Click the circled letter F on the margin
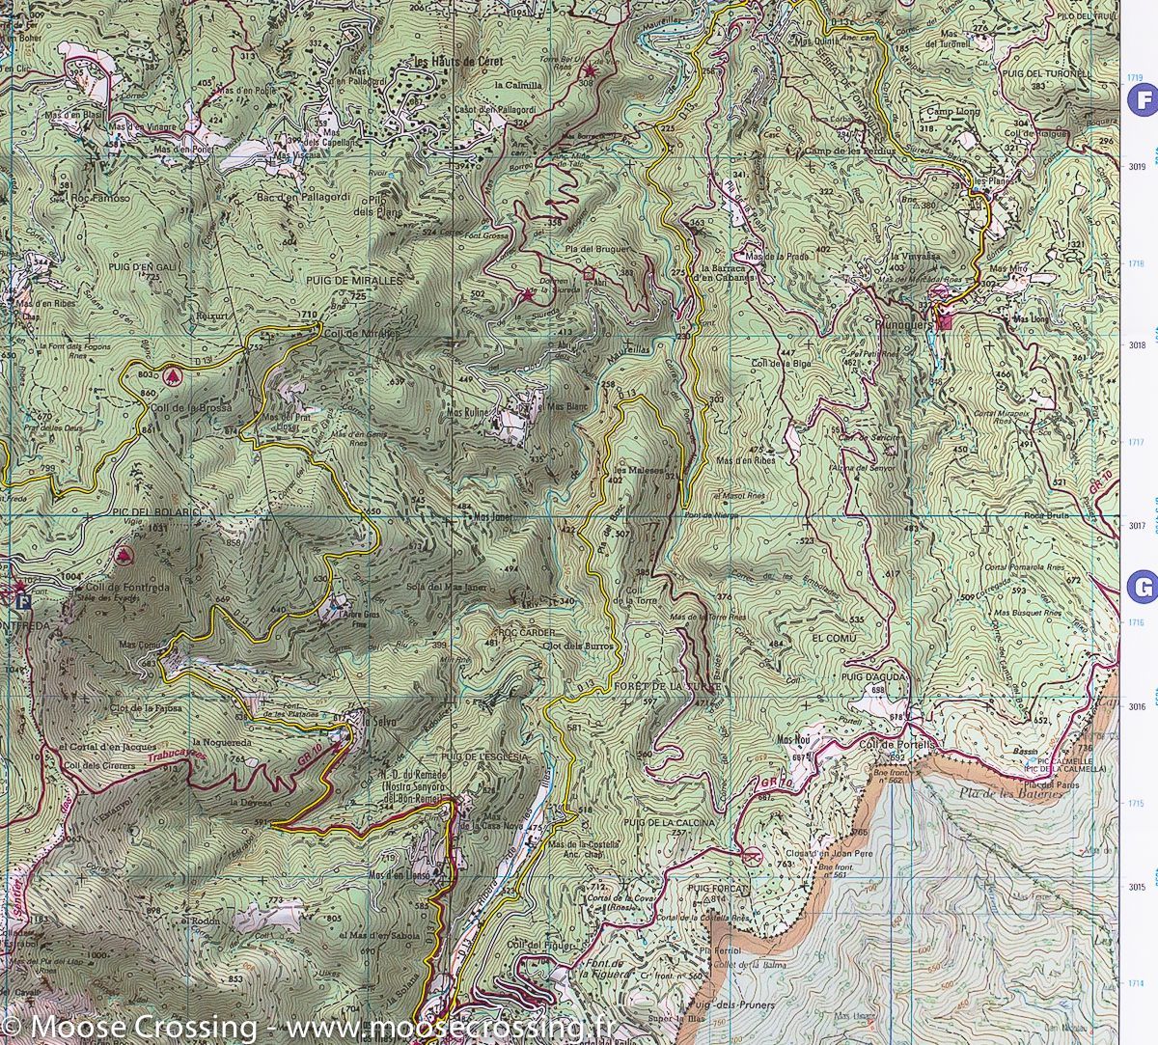pyautogui.click(x=1143, y=99)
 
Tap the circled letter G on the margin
pyautogui.click(x=1143, y=587)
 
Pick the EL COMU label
pyautogui.click(x=834, y=638)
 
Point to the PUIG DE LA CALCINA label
pyautogui.click(x=669, y=821)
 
